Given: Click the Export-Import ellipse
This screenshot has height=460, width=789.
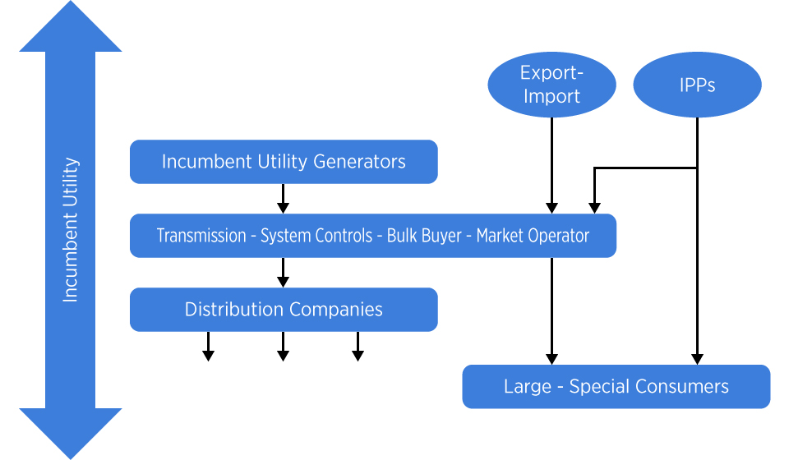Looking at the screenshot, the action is point(552,85).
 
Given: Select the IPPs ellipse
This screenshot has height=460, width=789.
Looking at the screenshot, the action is point(698,85).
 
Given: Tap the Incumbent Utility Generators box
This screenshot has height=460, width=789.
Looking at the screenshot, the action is point(284,162).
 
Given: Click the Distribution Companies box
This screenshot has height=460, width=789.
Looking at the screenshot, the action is point(284,310).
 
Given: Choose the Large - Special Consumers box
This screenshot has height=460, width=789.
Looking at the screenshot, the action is point(616,387).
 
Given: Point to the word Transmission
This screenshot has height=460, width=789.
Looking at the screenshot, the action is point(201,236).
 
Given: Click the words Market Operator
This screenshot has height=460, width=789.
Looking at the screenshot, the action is point(533,236).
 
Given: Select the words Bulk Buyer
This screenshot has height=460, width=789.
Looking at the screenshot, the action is point(424,236).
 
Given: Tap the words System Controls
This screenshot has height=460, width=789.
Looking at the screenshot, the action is point(316,236).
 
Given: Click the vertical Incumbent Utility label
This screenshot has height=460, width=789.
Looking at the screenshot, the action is point(71,230).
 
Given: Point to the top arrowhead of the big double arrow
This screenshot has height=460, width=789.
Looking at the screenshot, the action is point(71,26).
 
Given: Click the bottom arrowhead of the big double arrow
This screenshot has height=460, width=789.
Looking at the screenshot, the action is point(71,434).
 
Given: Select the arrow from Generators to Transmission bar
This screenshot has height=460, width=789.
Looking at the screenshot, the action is point(284,199).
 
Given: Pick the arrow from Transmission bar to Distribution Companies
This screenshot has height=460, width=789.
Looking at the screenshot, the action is point(284,273).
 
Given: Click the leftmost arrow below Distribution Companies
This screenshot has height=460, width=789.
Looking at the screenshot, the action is point(208,347).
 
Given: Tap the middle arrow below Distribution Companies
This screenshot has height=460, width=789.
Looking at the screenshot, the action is point(284,347).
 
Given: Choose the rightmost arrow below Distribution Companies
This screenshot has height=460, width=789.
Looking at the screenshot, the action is point(358,347).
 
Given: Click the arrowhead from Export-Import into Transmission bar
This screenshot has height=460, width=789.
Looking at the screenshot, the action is point(552,208).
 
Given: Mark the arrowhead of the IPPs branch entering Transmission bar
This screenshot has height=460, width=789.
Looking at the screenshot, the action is point(595,208).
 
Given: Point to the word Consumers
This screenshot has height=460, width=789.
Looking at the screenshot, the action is point(681,387).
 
